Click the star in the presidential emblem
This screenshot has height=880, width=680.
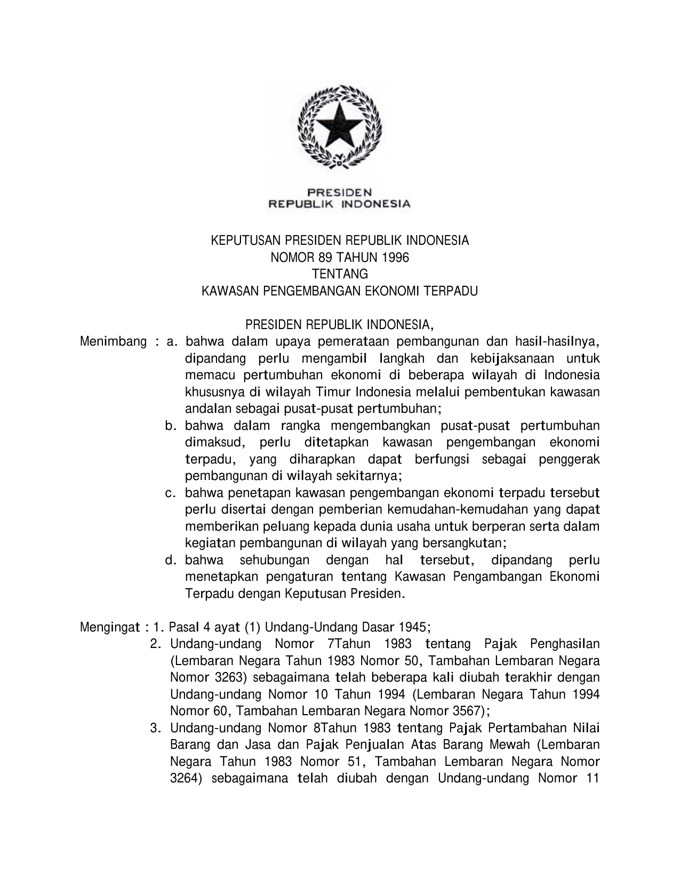click(340, 124)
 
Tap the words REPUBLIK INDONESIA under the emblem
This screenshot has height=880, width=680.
click(339, 203)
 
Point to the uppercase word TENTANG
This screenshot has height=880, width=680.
click(340, 274)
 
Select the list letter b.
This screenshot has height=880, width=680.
click(170, 426)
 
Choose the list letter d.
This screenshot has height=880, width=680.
click(170, 561)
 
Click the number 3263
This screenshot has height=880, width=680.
click(230, 678)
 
